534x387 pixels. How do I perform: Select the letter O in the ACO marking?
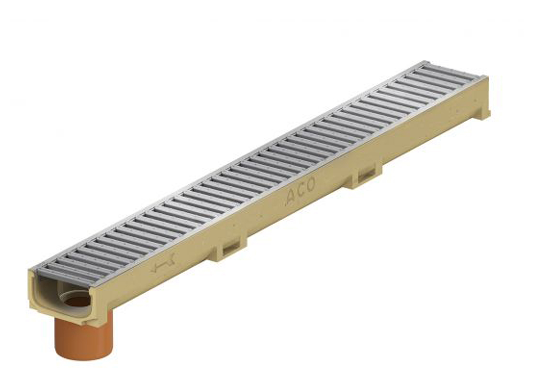pyautogui.click(x=310, y=185)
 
